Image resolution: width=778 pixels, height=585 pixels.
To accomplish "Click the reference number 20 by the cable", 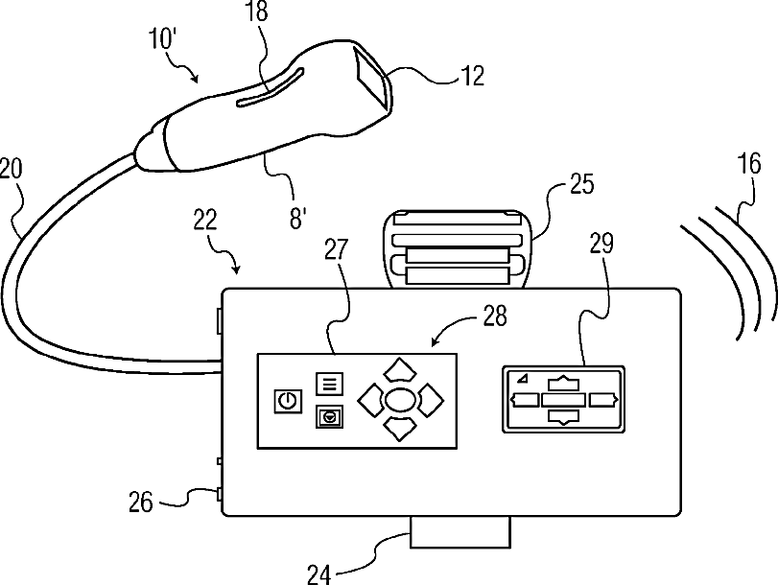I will click(x=12, y=170).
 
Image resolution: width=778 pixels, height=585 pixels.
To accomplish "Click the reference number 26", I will click(x=140, y=502).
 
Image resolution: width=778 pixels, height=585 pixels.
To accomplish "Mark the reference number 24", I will click(x=319, y=573).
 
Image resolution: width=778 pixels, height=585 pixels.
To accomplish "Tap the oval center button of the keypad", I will click(x=402, y=396).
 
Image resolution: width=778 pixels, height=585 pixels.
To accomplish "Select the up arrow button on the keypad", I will click(x=402, y=368).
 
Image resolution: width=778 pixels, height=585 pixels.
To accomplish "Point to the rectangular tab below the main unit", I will click(x=459, y=532).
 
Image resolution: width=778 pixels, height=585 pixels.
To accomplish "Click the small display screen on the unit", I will click(x=563, y=398).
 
